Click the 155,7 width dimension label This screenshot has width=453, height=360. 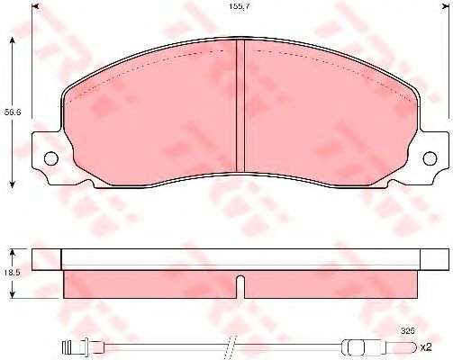point(238,6)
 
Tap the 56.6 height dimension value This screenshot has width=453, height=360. point(13,112)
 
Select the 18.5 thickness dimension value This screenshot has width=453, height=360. point(13,273)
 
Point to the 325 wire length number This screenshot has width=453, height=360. point(408,331)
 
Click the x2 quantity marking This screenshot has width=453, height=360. point(426,347)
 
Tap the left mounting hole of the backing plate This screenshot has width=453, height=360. point(51,158)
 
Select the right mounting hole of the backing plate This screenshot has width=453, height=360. point(430,158)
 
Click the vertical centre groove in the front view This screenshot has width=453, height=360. point(240,105)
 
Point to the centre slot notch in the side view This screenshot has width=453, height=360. point(240,286)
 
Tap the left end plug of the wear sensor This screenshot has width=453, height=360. point(68,347)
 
